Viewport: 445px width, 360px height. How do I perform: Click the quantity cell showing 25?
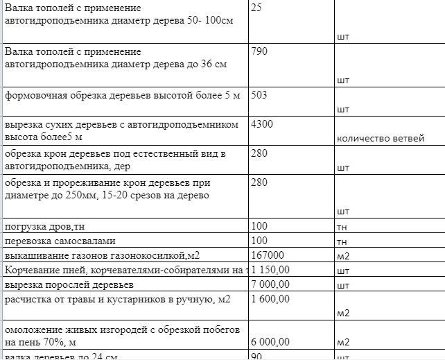pos(256,8)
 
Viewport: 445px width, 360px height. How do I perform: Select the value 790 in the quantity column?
pos(259,51)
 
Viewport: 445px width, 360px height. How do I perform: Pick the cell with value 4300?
pos(262,124)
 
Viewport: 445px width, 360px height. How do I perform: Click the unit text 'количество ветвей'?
pos(380,139)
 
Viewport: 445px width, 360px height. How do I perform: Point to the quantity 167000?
pos(268,255)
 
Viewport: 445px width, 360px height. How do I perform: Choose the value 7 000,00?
pos(270,284)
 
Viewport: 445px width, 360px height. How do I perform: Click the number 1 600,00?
pos(270,300)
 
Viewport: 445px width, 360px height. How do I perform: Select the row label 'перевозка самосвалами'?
pos(61,241)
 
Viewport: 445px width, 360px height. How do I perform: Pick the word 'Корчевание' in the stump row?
pos(30,270)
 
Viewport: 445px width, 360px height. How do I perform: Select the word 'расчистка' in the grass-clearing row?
pos(27,300)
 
